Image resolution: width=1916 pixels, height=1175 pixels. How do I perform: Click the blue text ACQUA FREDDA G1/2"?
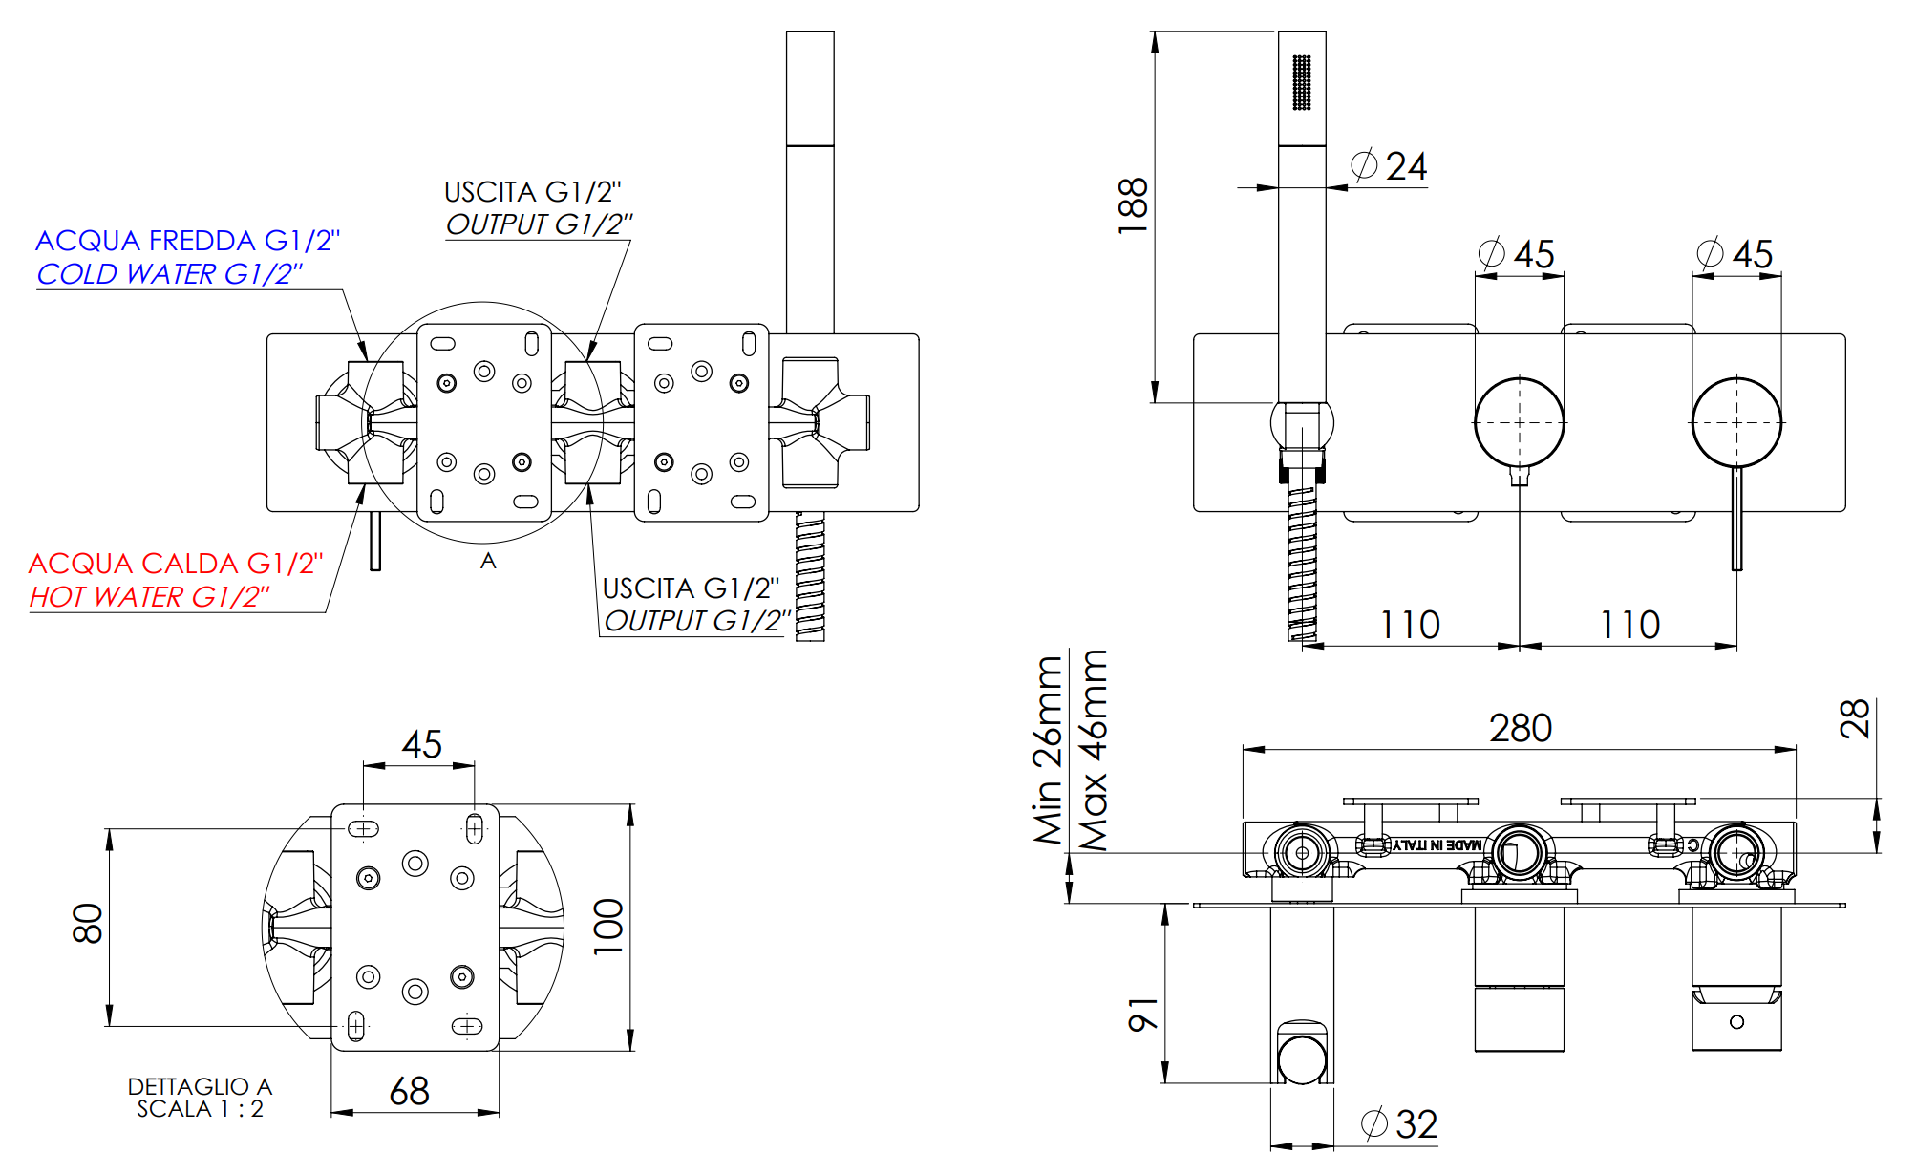point(187,241)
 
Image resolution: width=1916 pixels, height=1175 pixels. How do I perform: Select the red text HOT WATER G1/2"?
point(149,597)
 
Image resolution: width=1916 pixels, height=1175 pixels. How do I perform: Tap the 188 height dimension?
point(1133,205)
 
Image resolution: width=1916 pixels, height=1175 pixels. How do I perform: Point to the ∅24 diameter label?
point(1390,167)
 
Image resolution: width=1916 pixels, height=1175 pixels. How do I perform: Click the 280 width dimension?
point(1520,729)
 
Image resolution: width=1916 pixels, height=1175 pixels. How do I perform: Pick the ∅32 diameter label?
point(1400,1124)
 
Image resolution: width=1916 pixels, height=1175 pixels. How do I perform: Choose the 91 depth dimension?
point(1143,1015)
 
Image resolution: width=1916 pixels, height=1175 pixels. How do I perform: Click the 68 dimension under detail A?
point(409,1091)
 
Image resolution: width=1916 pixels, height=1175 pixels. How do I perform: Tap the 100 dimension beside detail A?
point(608,926)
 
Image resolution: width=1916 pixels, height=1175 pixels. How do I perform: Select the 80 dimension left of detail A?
point(88,924)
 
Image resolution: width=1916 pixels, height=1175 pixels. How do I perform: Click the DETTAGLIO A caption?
point(200,1086)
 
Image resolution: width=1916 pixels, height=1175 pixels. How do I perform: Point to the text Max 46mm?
point(1093,750)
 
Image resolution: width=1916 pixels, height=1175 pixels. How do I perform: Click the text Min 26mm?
point(1048,750)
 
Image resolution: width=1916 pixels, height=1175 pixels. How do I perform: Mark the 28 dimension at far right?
point(1854,719)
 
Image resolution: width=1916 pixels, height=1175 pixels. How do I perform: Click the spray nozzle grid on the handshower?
point(1301,82)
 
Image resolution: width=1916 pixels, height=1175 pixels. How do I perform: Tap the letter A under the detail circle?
point(488,561)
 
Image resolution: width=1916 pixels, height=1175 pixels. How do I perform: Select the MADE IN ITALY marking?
point(1437,845)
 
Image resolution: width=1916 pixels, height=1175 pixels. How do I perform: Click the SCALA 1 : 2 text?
point(200,1109)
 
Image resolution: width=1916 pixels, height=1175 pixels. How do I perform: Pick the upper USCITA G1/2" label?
point(532,192)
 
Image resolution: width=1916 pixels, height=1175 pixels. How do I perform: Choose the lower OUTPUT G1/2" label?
point(697,621)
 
